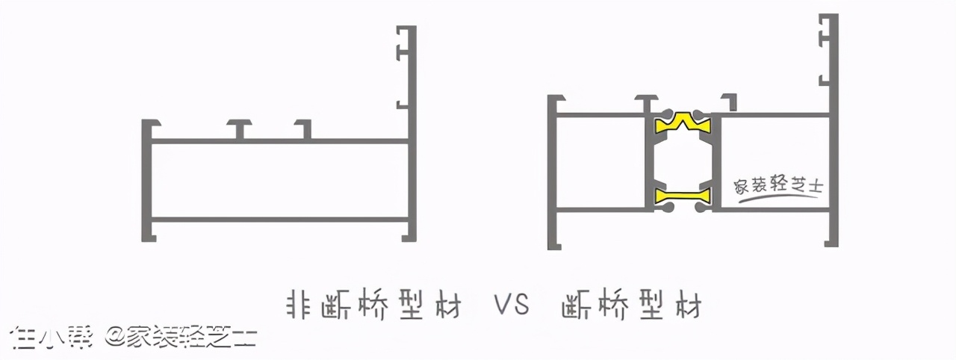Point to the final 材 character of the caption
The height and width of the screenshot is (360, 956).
(689, 306)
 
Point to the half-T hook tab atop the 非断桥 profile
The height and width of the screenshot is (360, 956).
(303, 128)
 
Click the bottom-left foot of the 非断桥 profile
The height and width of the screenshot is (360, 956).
(149, 231)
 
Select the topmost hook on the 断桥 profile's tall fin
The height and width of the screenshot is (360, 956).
(825, 34)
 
